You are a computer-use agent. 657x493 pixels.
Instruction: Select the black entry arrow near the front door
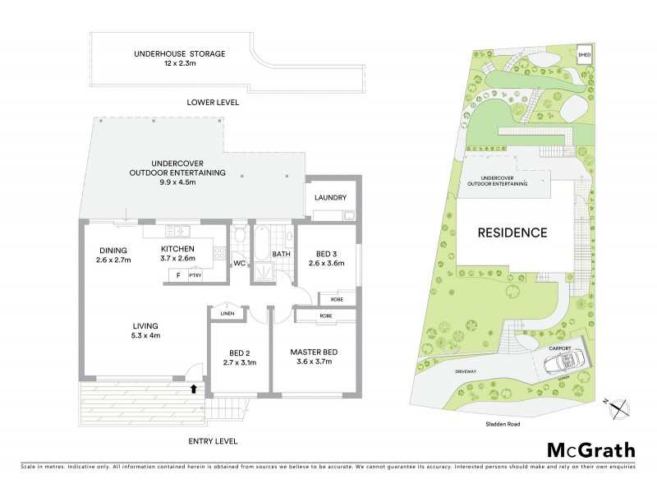pyautogui.click(x=194, y=389)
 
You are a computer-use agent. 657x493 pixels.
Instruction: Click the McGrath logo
pyautogui.click(x=590, y=449)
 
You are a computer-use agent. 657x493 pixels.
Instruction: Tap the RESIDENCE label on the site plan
pyautogui.click(x=512, y=233)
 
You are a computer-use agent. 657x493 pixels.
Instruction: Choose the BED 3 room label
pyautogui.click(x=326, y=258)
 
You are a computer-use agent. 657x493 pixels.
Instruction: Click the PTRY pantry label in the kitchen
pyautogui.click(x=195, y=276)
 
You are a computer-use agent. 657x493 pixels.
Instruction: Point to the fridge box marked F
pyautogui.click(x=177, y=276)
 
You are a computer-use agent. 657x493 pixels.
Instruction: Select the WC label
pyautogui.click(x=239, y=264)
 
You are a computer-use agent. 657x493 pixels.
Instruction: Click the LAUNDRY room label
pyautogui.click(x=331, y=198)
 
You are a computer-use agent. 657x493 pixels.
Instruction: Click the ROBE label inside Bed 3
pyautogui.click(x=337, y=299)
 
